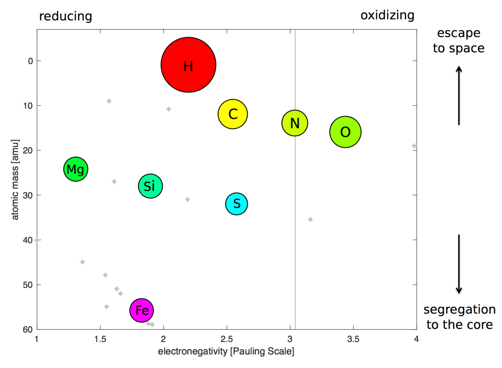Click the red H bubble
tap(188, 65)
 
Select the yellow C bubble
tap(233, 114)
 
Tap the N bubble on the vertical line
tap(295, 123)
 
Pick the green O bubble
tap(345, 132)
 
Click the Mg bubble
tap(75, 169)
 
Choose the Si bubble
tap(150, 186)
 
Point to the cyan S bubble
tap(236, 204)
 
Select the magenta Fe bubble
tap(142, 310)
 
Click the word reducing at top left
tap(66, 16)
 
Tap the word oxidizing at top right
tap(387, 15)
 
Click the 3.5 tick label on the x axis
tap(353, 338)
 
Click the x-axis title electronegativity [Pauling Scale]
tap(226, 351)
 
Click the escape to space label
tap(458, 41)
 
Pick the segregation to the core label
tap(459, 317)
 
